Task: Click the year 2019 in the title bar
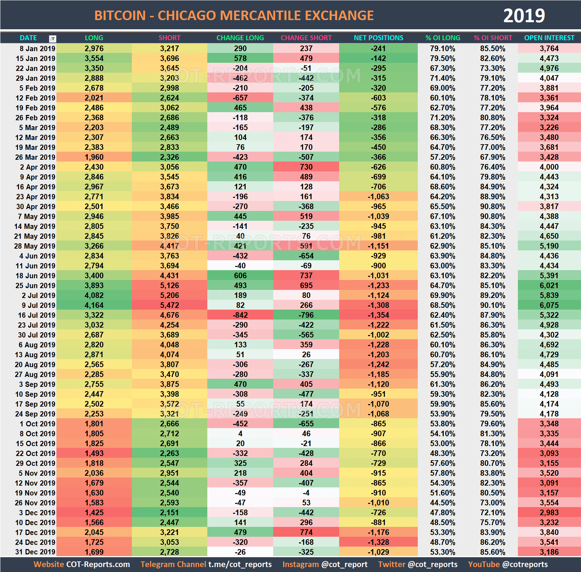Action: (524, 16)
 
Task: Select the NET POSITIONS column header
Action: (378, 38)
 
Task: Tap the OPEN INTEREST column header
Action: (549, 38)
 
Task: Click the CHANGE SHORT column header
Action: (306, 38)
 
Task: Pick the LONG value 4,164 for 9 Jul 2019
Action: (94, 305)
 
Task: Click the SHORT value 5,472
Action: (170, 305)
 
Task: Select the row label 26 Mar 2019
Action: (35, 157)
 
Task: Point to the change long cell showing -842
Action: (240, 315)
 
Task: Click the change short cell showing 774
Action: (306, 532)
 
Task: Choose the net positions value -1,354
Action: (378, 315)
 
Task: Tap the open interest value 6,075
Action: (549, 305)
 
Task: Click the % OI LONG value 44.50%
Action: (442, 503)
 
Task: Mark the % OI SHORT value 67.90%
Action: (493, 157)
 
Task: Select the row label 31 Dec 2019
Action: (35, 552)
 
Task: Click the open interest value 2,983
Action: (549, 512)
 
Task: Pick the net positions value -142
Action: (378, 58)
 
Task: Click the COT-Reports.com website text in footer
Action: (98, 564)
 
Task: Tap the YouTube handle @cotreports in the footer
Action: (525, 564)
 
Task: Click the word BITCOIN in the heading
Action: (120, 16)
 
